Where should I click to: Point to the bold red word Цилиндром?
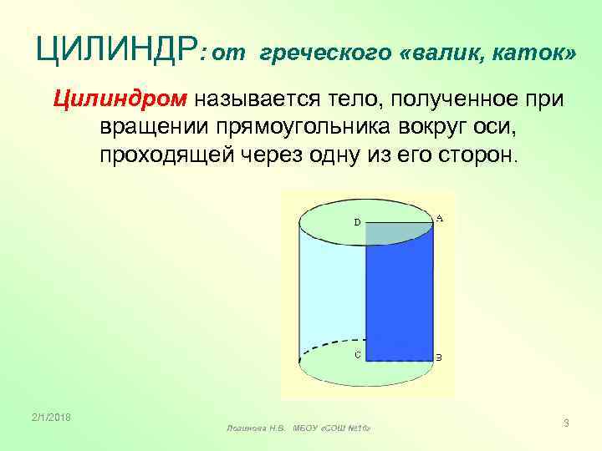click(x=120, y=100)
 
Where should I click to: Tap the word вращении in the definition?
click(x=155, y=128)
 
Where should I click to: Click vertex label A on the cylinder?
click(x=440, y=219)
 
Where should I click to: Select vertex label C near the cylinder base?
click(x=357, y=354)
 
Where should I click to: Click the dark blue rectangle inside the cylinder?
click(x=400, y=292)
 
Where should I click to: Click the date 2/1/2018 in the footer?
click(x=52, y=417)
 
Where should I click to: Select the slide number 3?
click(x=566, y=423)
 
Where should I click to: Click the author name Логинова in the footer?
click(x=247, y=428)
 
